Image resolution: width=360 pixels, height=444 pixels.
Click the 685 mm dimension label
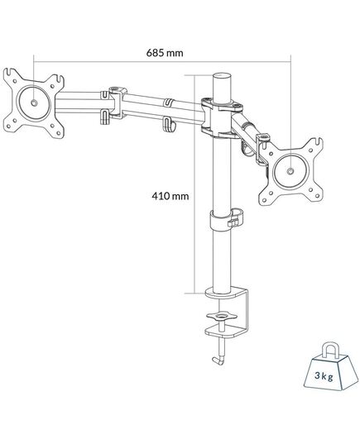165,53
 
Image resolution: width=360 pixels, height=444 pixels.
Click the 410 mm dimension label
170,196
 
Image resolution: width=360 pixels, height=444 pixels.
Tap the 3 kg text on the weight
324,375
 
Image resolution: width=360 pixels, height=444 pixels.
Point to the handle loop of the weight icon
330,351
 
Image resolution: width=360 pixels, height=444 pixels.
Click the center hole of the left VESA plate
34,103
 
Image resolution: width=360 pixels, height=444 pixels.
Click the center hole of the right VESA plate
290,171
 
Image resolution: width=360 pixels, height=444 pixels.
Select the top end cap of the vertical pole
222,76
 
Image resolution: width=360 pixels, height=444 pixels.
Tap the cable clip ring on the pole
227,219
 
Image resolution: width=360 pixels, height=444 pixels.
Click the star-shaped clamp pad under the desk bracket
222,316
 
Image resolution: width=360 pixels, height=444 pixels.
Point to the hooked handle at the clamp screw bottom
218,360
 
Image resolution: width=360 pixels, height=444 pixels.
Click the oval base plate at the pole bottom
223,293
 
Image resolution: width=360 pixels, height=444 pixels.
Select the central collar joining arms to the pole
221,117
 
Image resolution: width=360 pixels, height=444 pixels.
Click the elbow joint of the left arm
117,103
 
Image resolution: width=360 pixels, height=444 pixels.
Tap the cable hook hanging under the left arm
168,125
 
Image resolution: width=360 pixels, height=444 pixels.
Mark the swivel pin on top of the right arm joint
263,137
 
